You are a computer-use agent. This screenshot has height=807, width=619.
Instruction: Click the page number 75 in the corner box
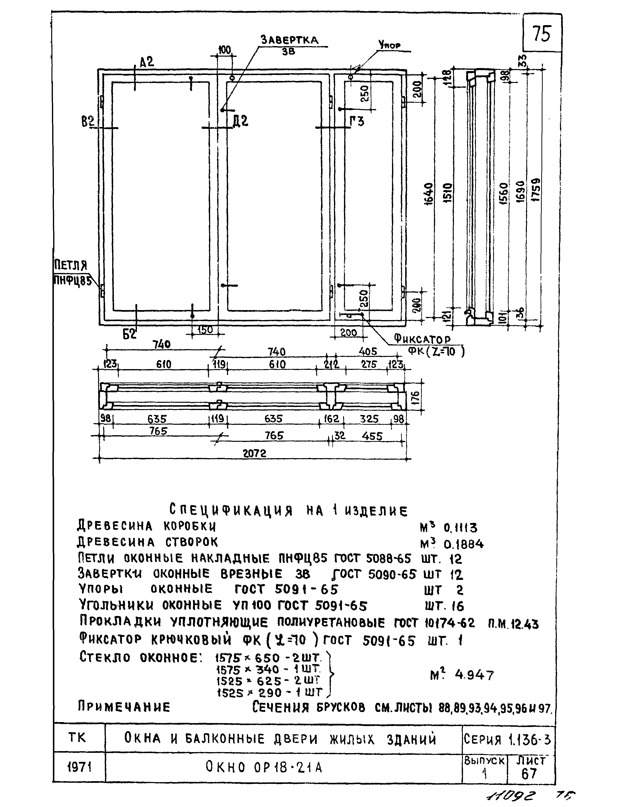542,34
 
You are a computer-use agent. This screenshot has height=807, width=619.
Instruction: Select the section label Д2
241,121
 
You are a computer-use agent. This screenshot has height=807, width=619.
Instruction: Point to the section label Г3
357,121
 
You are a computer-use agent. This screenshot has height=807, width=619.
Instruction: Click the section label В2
88,122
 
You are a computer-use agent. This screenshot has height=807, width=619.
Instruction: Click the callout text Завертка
289,40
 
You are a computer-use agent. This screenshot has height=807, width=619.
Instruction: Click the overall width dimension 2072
255,453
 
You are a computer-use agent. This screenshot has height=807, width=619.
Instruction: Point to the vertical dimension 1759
536,190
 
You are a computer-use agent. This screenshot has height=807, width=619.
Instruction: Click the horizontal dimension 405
367,351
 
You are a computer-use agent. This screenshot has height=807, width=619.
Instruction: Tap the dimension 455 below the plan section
372,436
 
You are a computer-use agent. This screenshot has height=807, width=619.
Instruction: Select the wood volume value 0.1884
463,544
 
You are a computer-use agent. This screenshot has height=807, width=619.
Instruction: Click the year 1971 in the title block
79,767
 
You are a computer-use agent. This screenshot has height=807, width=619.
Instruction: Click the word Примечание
124,707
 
